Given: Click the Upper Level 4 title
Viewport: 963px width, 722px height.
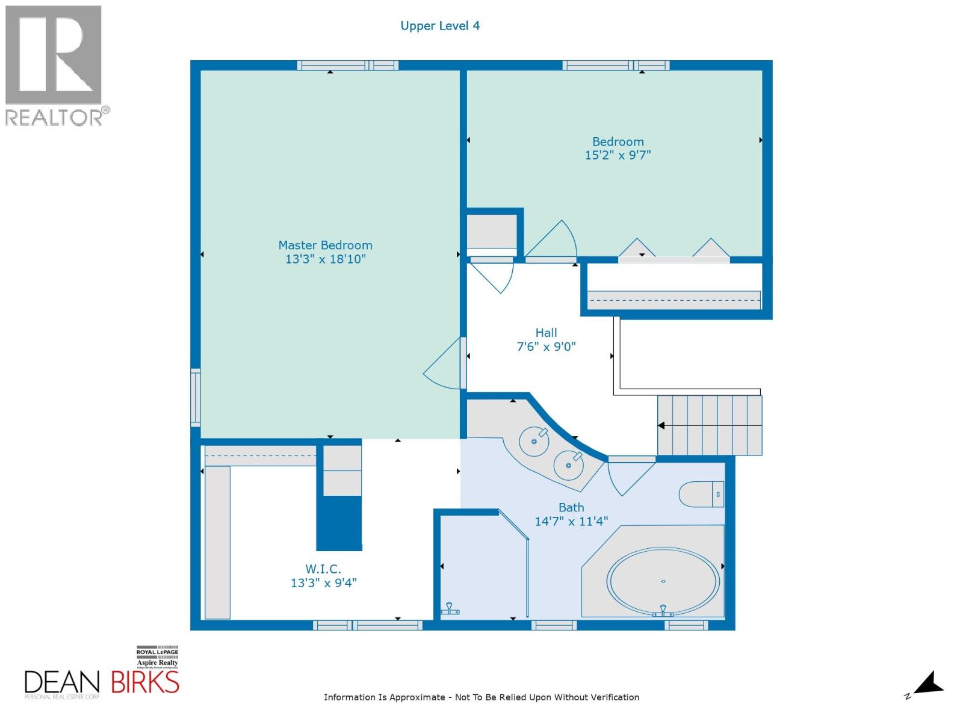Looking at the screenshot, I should (x=440, y=26).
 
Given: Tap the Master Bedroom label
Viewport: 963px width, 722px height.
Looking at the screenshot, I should (x=325, y=245).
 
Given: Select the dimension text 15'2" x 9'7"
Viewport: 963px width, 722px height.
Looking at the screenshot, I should (x=618, y=155).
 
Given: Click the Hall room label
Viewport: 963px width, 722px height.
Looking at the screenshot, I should (x=546, y=333).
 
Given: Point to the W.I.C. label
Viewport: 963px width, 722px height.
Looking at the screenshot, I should (x=323, y=569).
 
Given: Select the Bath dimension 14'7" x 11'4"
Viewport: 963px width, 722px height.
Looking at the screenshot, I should (x=571, y=521).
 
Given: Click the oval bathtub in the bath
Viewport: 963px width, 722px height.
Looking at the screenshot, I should (x=663, y=581).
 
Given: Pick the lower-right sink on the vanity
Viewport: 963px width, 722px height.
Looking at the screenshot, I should (x=568, y=464).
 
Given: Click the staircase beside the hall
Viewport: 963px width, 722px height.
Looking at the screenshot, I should (x=710, y=425).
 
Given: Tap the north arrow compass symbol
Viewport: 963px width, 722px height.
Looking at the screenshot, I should (x=929, y=683).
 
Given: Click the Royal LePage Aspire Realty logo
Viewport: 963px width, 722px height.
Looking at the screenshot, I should (x=157, y=657).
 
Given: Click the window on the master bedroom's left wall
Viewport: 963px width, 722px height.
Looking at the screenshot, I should (x=195, y=398).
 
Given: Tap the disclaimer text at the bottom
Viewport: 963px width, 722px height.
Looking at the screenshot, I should (x=482, y=697).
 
